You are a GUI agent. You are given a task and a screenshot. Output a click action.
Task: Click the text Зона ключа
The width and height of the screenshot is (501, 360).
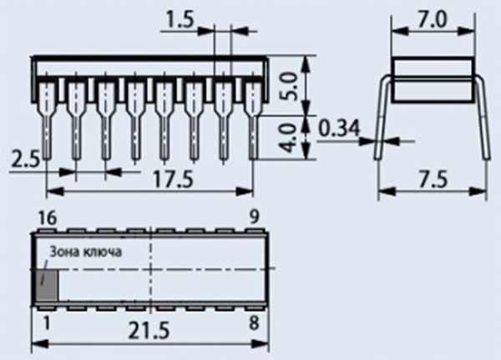pyautogui.click(x=86, y=251)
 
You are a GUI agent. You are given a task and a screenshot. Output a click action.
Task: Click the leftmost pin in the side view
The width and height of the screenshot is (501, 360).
pyautogui.click(x=45, y=117)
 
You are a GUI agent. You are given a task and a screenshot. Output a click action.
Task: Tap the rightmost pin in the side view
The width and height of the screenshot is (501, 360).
pyautogui.click(x=252, y=117)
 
